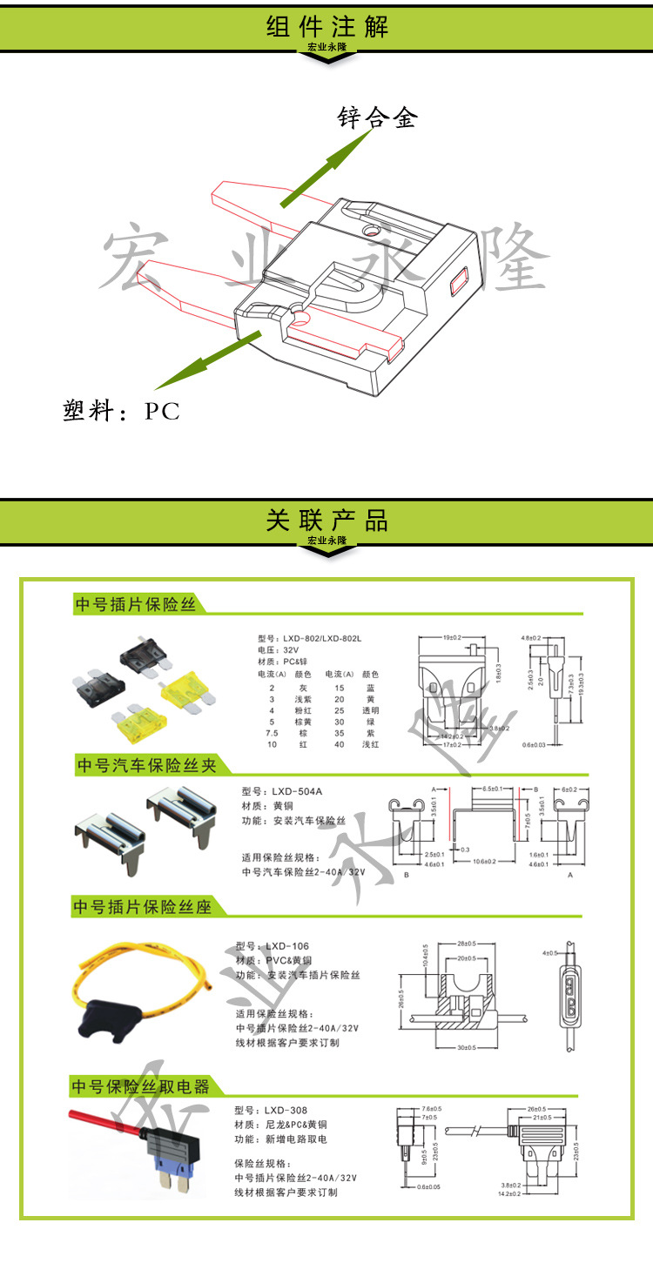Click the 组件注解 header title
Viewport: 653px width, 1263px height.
[326, 27]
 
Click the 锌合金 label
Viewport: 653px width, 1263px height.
[378, 118]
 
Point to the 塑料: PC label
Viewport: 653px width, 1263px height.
[122, 411]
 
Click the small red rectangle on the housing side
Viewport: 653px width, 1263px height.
[459, 283]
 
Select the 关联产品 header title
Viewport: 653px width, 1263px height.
[326, 521]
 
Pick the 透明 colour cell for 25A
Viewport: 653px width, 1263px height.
[371, 710]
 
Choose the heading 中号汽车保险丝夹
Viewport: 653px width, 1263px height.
[145, 765]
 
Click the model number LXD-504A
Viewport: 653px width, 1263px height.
[296, 791]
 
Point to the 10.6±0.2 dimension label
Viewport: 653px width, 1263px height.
[484, 863]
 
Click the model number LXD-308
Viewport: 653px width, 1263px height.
[286, 1110]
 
